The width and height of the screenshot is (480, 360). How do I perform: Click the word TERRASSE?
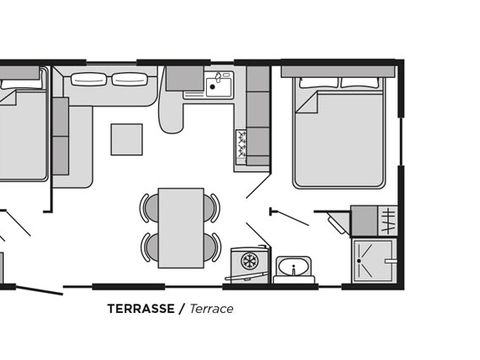tap(141, 309)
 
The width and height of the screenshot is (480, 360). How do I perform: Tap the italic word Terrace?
tap(211, 309)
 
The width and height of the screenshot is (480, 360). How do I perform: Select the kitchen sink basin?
tap(219, 86)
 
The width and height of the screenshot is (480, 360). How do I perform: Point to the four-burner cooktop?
tap(241, 144)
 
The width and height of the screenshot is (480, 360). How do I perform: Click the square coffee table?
tap(127, 139)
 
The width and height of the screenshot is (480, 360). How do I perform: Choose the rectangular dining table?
tap(181, 228)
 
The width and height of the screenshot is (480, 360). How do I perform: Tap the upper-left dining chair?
tap(149, 208)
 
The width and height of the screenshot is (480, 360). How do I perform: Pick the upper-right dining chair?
tap(212, 208)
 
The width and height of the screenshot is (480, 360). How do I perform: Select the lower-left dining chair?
tap(149, 247)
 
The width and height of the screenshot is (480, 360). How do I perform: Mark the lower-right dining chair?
tap(212, 247)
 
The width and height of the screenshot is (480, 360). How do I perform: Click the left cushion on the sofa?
tap(89, 79)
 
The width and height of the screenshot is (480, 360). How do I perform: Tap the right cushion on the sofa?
tap(129, 79)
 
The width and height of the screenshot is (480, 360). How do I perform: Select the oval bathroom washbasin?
tap(294, 266)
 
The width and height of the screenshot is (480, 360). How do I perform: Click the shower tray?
tap(374, 260)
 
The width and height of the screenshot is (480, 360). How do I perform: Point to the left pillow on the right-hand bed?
tap(319, 83)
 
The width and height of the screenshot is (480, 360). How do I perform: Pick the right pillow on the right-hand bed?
tap(360, 83)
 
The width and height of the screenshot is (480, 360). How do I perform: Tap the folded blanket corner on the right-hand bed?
tap(308, 103)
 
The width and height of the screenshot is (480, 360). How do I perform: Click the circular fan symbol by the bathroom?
tap(248, 260)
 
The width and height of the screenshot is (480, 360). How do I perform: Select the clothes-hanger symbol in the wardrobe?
tap(388, 221)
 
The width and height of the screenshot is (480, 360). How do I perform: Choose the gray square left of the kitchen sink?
tap(185, 78)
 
